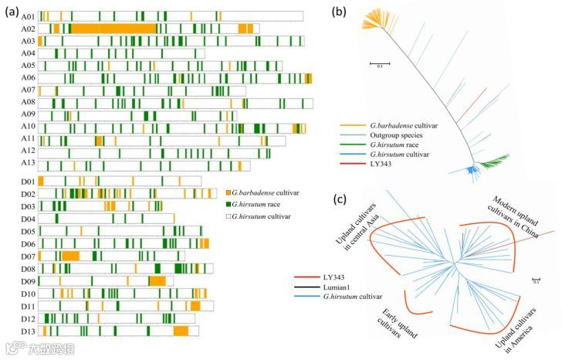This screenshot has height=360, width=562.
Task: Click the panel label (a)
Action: (14, 7)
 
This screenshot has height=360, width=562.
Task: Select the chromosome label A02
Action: (28, 28)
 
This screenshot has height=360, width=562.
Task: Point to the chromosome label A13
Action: (28, 165)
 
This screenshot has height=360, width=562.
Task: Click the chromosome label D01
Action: (28, 181)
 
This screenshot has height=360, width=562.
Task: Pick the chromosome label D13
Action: (28, 331)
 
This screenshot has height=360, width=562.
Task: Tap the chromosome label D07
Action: (28, 256)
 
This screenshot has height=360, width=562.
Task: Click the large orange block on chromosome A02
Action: (116, 28)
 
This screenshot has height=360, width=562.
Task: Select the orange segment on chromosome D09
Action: (157, 280)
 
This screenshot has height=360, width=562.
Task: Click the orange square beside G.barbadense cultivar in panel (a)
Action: (229, 192)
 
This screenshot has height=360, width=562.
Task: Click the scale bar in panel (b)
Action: (378, 62)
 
